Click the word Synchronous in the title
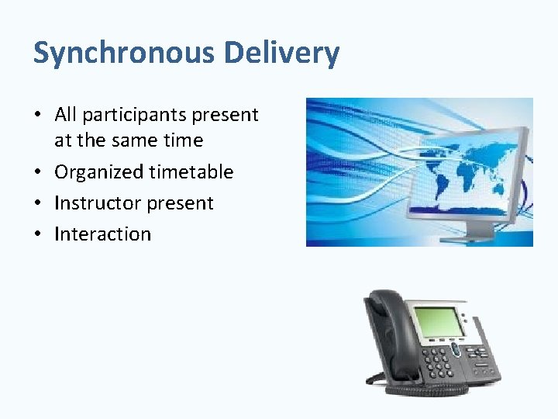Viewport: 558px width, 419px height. [124, 54]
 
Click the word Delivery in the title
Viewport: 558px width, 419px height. [281, 54]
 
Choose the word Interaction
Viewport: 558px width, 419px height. [102, 234]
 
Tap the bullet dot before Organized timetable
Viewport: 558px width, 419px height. [38, 172]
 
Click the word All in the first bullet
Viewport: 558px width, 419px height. [65, 115]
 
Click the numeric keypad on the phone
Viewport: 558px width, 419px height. [439, 362]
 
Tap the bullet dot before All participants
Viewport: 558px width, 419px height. [38, 116]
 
